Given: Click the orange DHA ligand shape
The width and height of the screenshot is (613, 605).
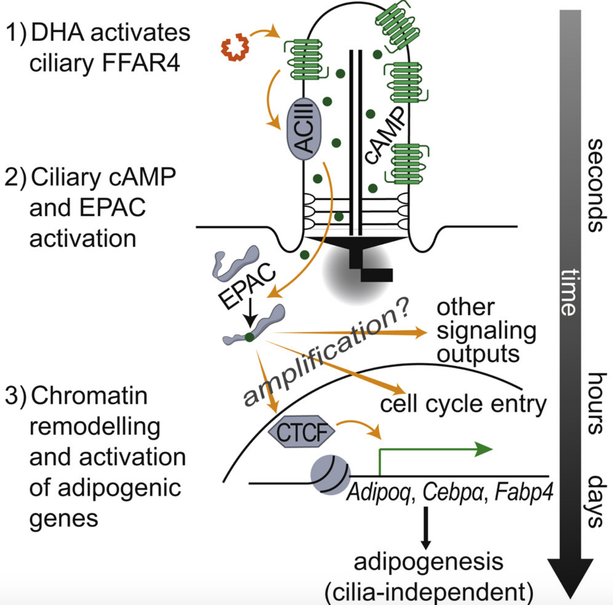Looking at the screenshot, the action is tap(235, 48).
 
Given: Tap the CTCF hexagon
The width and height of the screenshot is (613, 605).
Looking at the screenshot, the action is tap(301, 431).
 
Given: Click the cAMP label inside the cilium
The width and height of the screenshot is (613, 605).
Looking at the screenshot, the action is tap(385, 135).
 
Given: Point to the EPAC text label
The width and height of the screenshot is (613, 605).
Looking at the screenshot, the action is tap(247, 285).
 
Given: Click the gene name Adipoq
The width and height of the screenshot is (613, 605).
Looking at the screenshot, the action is tap(378, 491).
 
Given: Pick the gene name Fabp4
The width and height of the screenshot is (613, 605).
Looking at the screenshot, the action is tap(524, 491).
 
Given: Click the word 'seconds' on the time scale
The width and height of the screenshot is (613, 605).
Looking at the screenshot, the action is tap(597, 185).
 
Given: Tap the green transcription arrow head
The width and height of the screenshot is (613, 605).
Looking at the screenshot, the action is tap(484, 449).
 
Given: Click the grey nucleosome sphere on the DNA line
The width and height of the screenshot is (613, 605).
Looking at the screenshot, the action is tap(331, 475).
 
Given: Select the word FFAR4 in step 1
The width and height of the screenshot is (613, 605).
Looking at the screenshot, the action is tap(141, 63).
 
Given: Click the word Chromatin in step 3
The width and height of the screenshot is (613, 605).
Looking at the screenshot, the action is tap(89, 396).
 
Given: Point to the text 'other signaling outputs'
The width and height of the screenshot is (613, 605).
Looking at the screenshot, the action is tap(487, 331).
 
